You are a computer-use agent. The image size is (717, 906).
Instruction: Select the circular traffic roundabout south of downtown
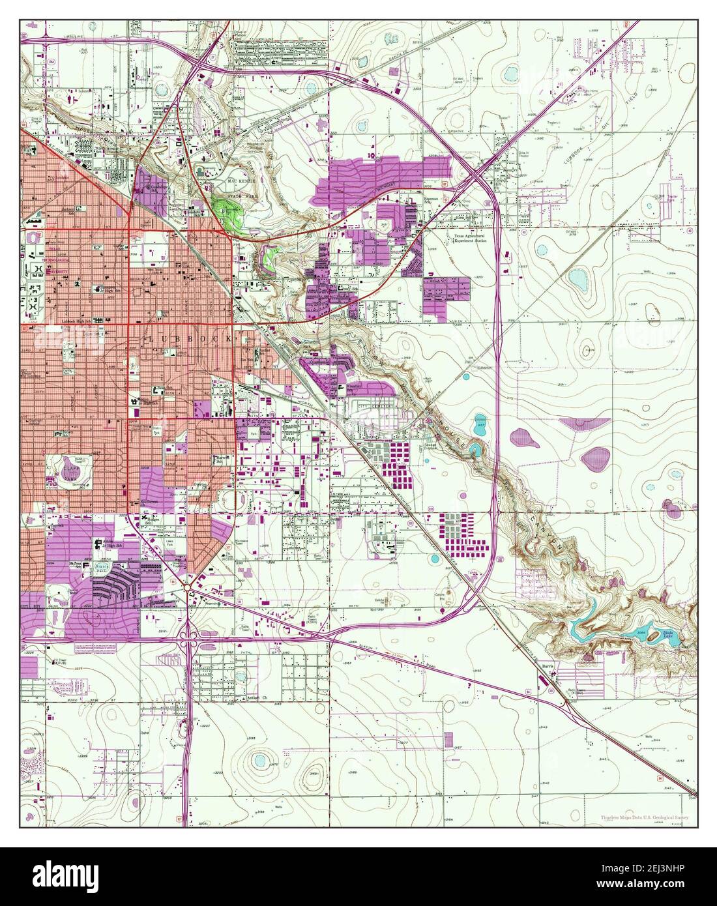coord(188,589)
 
